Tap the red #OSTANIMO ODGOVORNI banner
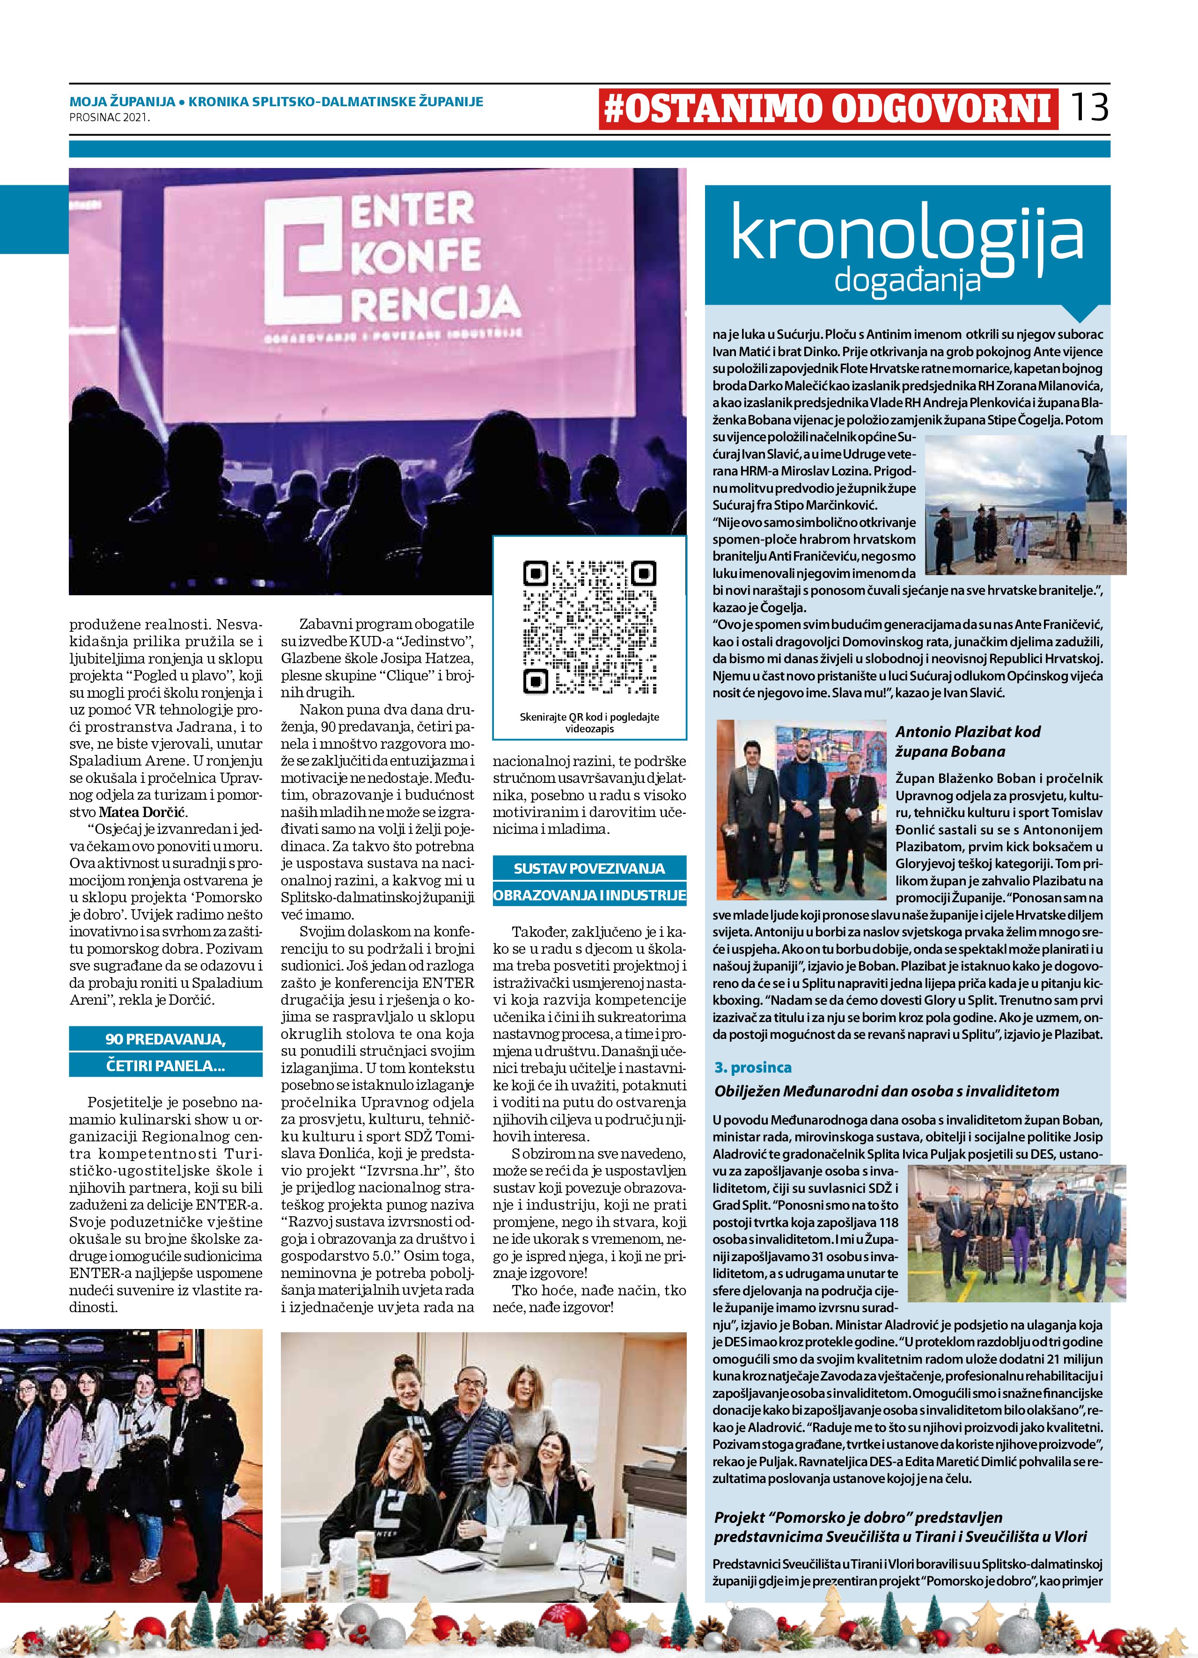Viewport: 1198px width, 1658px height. click(828, 109)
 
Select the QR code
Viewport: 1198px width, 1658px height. click(589, 627)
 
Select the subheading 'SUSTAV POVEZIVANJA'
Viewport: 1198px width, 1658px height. click(589, 869)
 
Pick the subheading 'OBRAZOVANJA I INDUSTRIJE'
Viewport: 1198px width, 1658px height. click(589, 895)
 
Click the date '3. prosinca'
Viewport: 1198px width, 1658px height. click(753, 1067)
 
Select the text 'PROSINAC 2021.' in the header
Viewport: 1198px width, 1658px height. click(110, 116)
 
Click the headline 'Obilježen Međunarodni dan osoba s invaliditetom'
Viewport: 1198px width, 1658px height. click(886, 1091)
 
